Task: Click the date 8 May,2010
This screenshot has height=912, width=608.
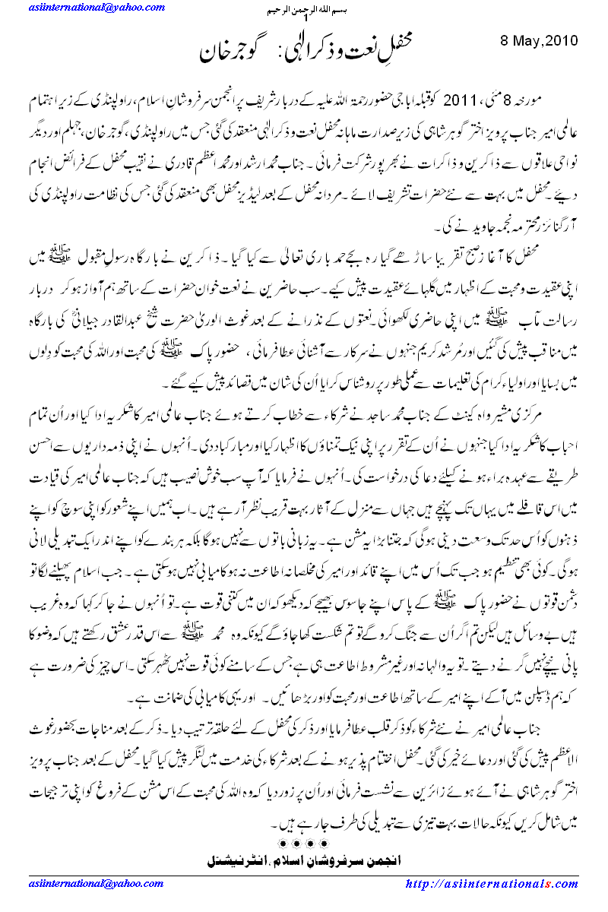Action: pos(542,40)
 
